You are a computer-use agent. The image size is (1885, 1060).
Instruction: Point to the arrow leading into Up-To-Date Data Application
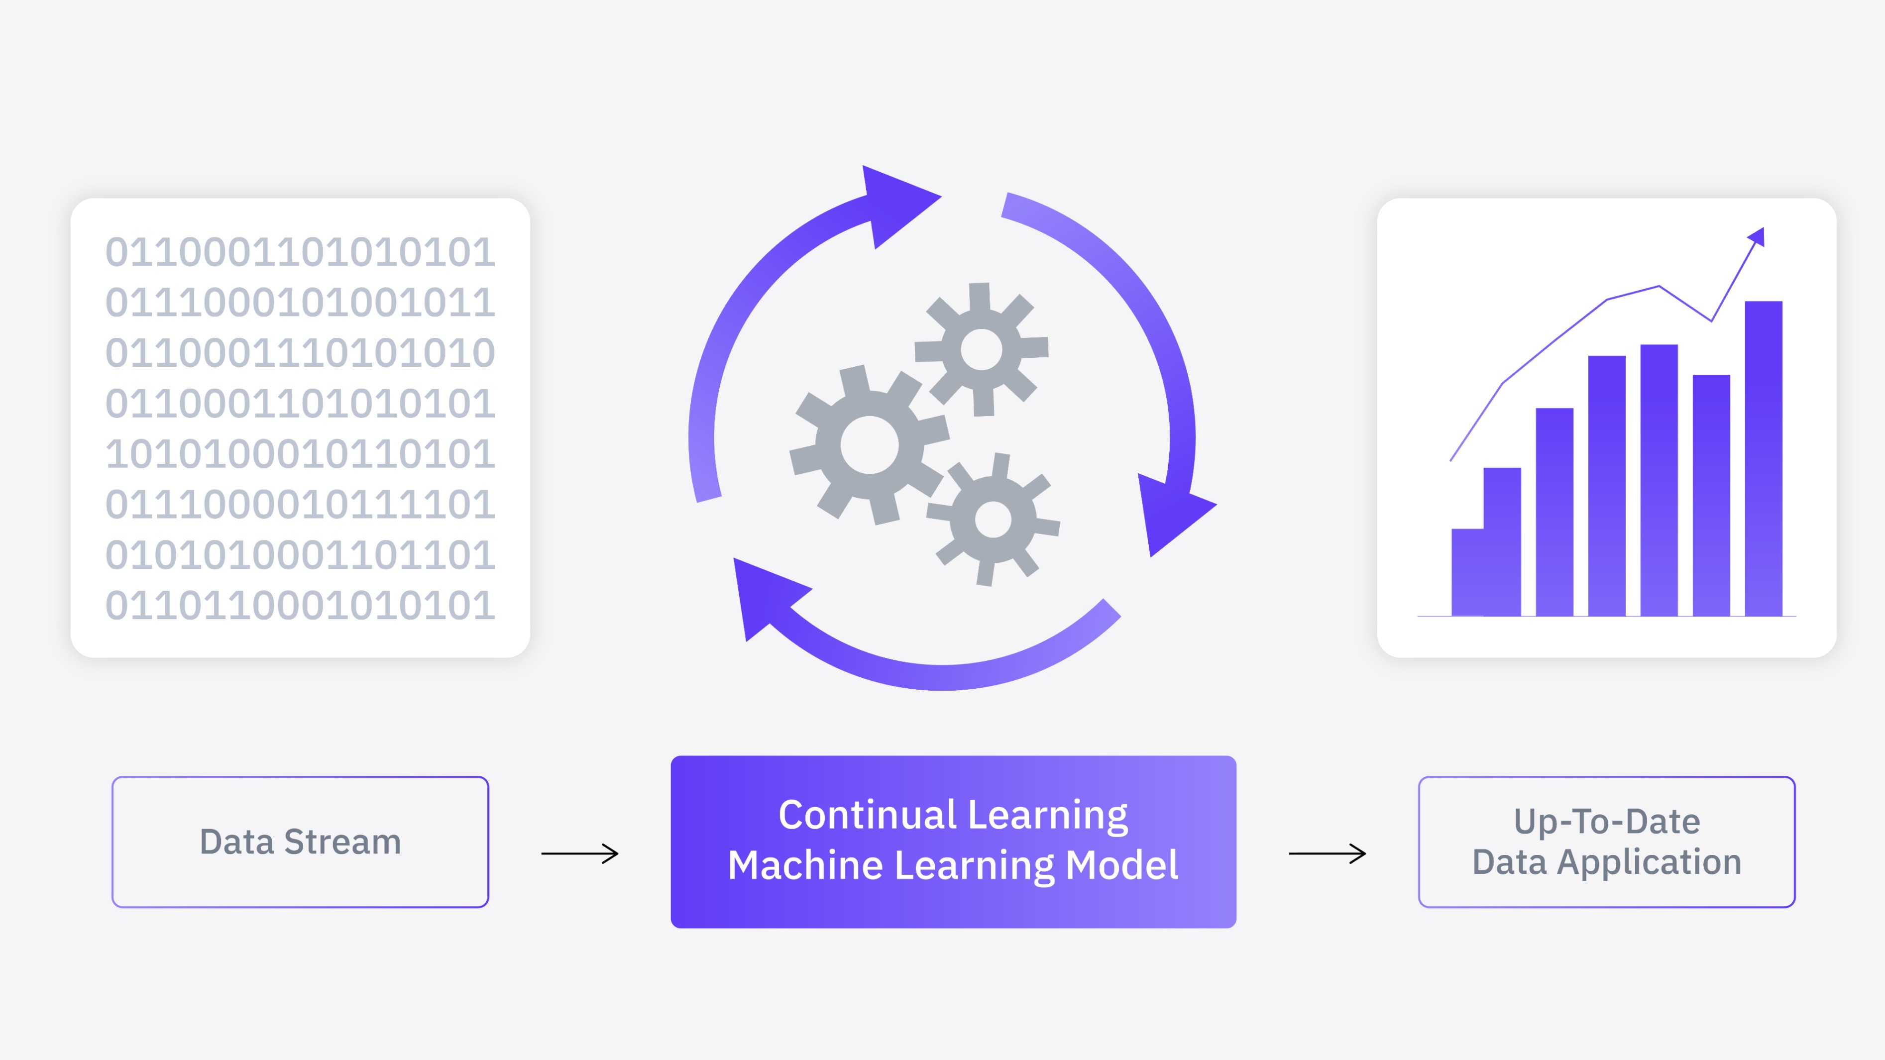(1327, 853)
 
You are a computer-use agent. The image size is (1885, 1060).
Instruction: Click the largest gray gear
(869, 445)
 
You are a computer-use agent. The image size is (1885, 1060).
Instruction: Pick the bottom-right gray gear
(993, 520)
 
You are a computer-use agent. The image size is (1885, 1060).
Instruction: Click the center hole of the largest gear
(869, 445)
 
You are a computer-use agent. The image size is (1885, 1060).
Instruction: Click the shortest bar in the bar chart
(1467, 572)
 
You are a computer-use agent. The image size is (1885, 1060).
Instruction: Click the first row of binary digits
(300, 252)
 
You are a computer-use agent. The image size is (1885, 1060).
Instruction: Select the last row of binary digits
(300, 606)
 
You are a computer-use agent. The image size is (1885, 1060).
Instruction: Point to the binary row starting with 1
(300, 454)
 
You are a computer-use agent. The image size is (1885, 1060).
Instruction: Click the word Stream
(342, 842)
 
